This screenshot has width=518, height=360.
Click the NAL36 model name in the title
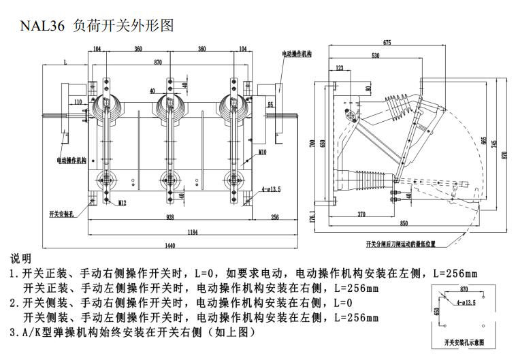[42, 26]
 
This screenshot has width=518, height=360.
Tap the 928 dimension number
[169, 218]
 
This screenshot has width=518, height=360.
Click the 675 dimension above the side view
[387, 43]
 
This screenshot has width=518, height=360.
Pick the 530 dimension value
[376, 55]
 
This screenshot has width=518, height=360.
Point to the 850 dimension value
[404, 223]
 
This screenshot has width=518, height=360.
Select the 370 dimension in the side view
[361, 214]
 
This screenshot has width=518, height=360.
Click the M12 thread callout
[121, 203]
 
